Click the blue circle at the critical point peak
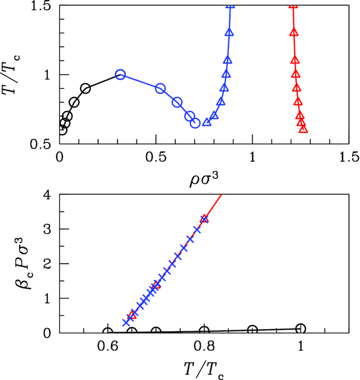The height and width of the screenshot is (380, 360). (120, 75)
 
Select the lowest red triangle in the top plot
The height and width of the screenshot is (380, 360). (303, 129)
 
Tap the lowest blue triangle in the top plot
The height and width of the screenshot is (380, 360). (207, 123)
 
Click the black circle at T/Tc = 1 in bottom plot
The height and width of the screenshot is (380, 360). (300, 329)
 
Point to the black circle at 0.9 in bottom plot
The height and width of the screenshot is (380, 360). (253, 330)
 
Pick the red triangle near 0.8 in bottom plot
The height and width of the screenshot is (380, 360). (205, 219)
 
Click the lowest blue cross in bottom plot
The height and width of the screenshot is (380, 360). (126, 322)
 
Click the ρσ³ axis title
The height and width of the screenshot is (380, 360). (204, 180)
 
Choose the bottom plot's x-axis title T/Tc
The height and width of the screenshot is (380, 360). (204, 370)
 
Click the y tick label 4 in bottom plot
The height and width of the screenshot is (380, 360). (47, 195)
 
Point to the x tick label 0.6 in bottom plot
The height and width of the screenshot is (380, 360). (107, 347)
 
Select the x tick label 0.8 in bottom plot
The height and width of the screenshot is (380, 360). (204, 347)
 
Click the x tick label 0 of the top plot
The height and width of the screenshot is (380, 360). (59, 157)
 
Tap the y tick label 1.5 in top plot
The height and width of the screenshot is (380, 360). (41, 6)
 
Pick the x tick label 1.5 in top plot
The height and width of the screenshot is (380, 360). (349, 157)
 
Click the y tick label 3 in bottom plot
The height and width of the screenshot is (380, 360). (47, 229)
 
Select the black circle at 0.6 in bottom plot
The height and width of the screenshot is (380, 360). (107, 332)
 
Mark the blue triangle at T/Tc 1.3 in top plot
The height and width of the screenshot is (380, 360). (229, 32)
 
